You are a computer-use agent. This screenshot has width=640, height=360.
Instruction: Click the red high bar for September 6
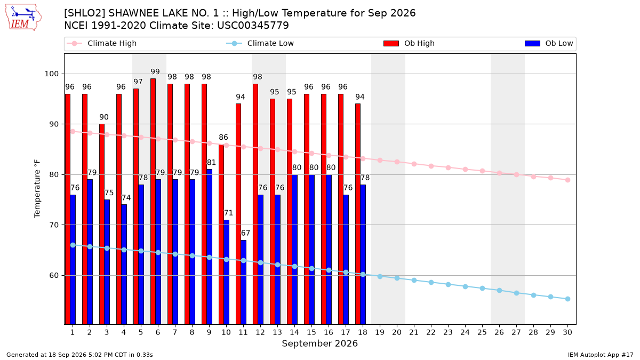(x=153, y=202)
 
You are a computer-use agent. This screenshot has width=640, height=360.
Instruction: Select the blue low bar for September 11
(x=243, y=282)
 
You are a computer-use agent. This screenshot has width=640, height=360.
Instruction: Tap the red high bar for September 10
(x=221, y=234)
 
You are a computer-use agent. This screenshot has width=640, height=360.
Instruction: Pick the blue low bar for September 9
(x=209, y=247)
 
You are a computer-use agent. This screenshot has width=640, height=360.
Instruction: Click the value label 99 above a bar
(x=155, y=71)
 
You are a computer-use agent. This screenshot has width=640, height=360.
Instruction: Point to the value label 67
(x=245, y=233)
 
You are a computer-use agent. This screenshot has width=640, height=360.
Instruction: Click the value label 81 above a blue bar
(x=211, y=163)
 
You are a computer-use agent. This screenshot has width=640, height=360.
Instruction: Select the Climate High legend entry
(x=101, y=43)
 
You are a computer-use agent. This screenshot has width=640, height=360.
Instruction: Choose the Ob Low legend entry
(x=549, y=43)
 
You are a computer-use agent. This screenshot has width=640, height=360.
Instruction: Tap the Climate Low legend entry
(x=260, y=43)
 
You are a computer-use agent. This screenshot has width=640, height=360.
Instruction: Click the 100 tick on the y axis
(x=51, y=74)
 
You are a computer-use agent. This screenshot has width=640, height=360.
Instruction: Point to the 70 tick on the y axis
(x=54, y=225)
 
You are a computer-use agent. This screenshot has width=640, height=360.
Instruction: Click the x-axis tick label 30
(x=567, y=332)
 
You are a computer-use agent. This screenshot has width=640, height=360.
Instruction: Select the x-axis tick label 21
(x=414, y=332)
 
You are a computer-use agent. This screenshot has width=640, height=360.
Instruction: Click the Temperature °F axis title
(x=37, y=189)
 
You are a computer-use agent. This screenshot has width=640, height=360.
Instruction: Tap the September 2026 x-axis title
(x=319, y=343)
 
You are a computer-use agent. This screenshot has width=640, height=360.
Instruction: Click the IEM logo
(x=23, y=18)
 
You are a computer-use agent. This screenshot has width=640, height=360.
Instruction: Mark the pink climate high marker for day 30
(x=567, y=180)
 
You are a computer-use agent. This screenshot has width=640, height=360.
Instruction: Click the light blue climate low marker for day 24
(x=465, y=286)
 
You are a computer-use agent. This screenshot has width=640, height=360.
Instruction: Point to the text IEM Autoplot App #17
(x=601, y=355)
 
